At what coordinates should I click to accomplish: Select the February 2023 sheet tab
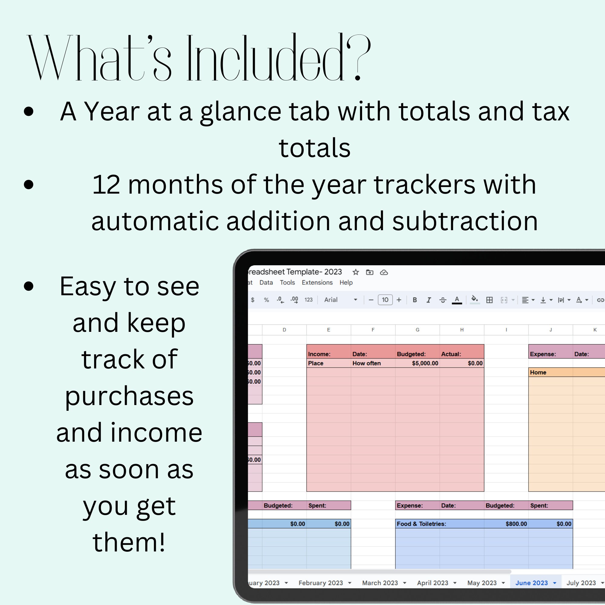[x=321, y=583]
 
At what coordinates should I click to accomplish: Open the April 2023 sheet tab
[x=433, y=583]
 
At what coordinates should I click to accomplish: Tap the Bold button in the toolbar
[x=415, y=300]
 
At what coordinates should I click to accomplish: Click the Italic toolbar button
[x=428, y=300]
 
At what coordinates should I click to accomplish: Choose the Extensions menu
[x=317, y=283]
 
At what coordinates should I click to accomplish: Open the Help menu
[x=346, y=283]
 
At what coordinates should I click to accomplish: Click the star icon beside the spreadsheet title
[x=355, y=272]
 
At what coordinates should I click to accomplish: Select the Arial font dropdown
[x=340, y=300]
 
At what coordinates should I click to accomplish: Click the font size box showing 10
[x=385, y=300]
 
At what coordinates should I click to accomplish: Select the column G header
[x=417, y=330]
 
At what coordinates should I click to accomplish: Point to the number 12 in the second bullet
[x=106, y=185]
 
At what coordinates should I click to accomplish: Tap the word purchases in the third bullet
[x=129, y=396]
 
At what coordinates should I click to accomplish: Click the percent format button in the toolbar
[x=266, y=300]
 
